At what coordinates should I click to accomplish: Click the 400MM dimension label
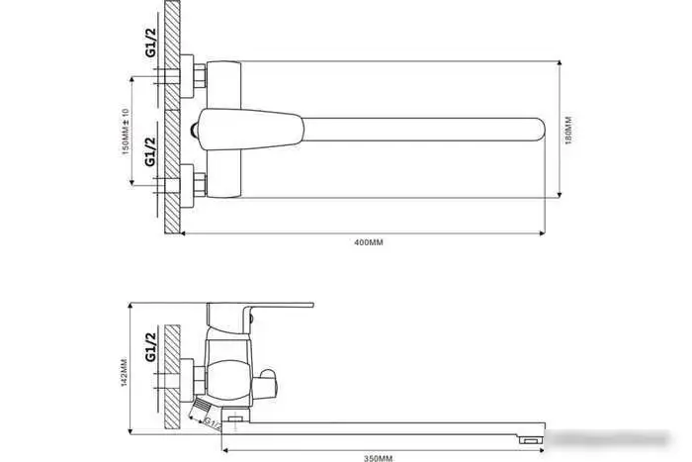tap(369, 242)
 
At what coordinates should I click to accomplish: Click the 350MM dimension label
tap(378, 456)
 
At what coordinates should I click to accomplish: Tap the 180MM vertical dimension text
tap(568, 132)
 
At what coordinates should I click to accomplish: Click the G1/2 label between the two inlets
tap(150, 153)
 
